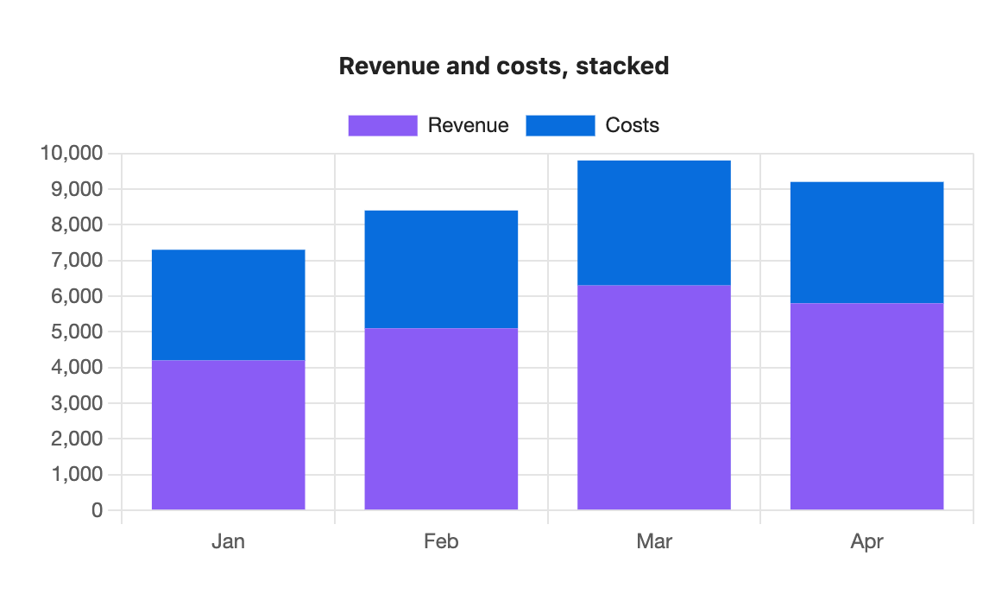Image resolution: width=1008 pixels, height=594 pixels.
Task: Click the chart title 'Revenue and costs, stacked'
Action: pos(504,66)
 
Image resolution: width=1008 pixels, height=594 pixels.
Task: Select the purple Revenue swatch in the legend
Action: pos(382,125)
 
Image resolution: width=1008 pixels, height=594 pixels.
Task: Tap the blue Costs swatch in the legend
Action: pos(560,125)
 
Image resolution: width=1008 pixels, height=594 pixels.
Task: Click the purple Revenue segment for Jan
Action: pos(228,435)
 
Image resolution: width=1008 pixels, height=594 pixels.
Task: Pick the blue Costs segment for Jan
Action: pos(228,306)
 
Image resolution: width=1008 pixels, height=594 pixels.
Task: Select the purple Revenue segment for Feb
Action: pos(441,419)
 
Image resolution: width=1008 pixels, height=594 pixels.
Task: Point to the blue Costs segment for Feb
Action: pos(441,269)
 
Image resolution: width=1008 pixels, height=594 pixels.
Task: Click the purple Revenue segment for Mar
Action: pos(654,397)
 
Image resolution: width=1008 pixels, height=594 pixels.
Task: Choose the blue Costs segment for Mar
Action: pos(654,223)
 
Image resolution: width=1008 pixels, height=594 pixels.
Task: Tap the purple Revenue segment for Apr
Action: pos(866,407)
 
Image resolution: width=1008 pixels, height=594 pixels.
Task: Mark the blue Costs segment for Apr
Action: pos(866,243)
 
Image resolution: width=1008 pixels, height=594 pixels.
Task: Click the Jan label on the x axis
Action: pos(228,541)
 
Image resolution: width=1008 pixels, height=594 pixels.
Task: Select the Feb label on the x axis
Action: pos(441,541)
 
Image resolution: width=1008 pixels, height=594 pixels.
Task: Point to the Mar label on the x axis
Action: pos(654,541)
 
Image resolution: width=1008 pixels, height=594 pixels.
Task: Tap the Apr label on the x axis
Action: pos(866,542)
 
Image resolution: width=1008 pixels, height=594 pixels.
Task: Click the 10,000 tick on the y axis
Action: pos(72,153)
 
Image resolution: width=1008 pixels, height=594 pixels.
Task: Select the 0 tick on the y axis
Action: pos(97,509)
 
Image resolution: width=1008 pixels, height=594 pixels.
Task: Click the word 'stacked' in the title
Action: pos(622,66)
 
